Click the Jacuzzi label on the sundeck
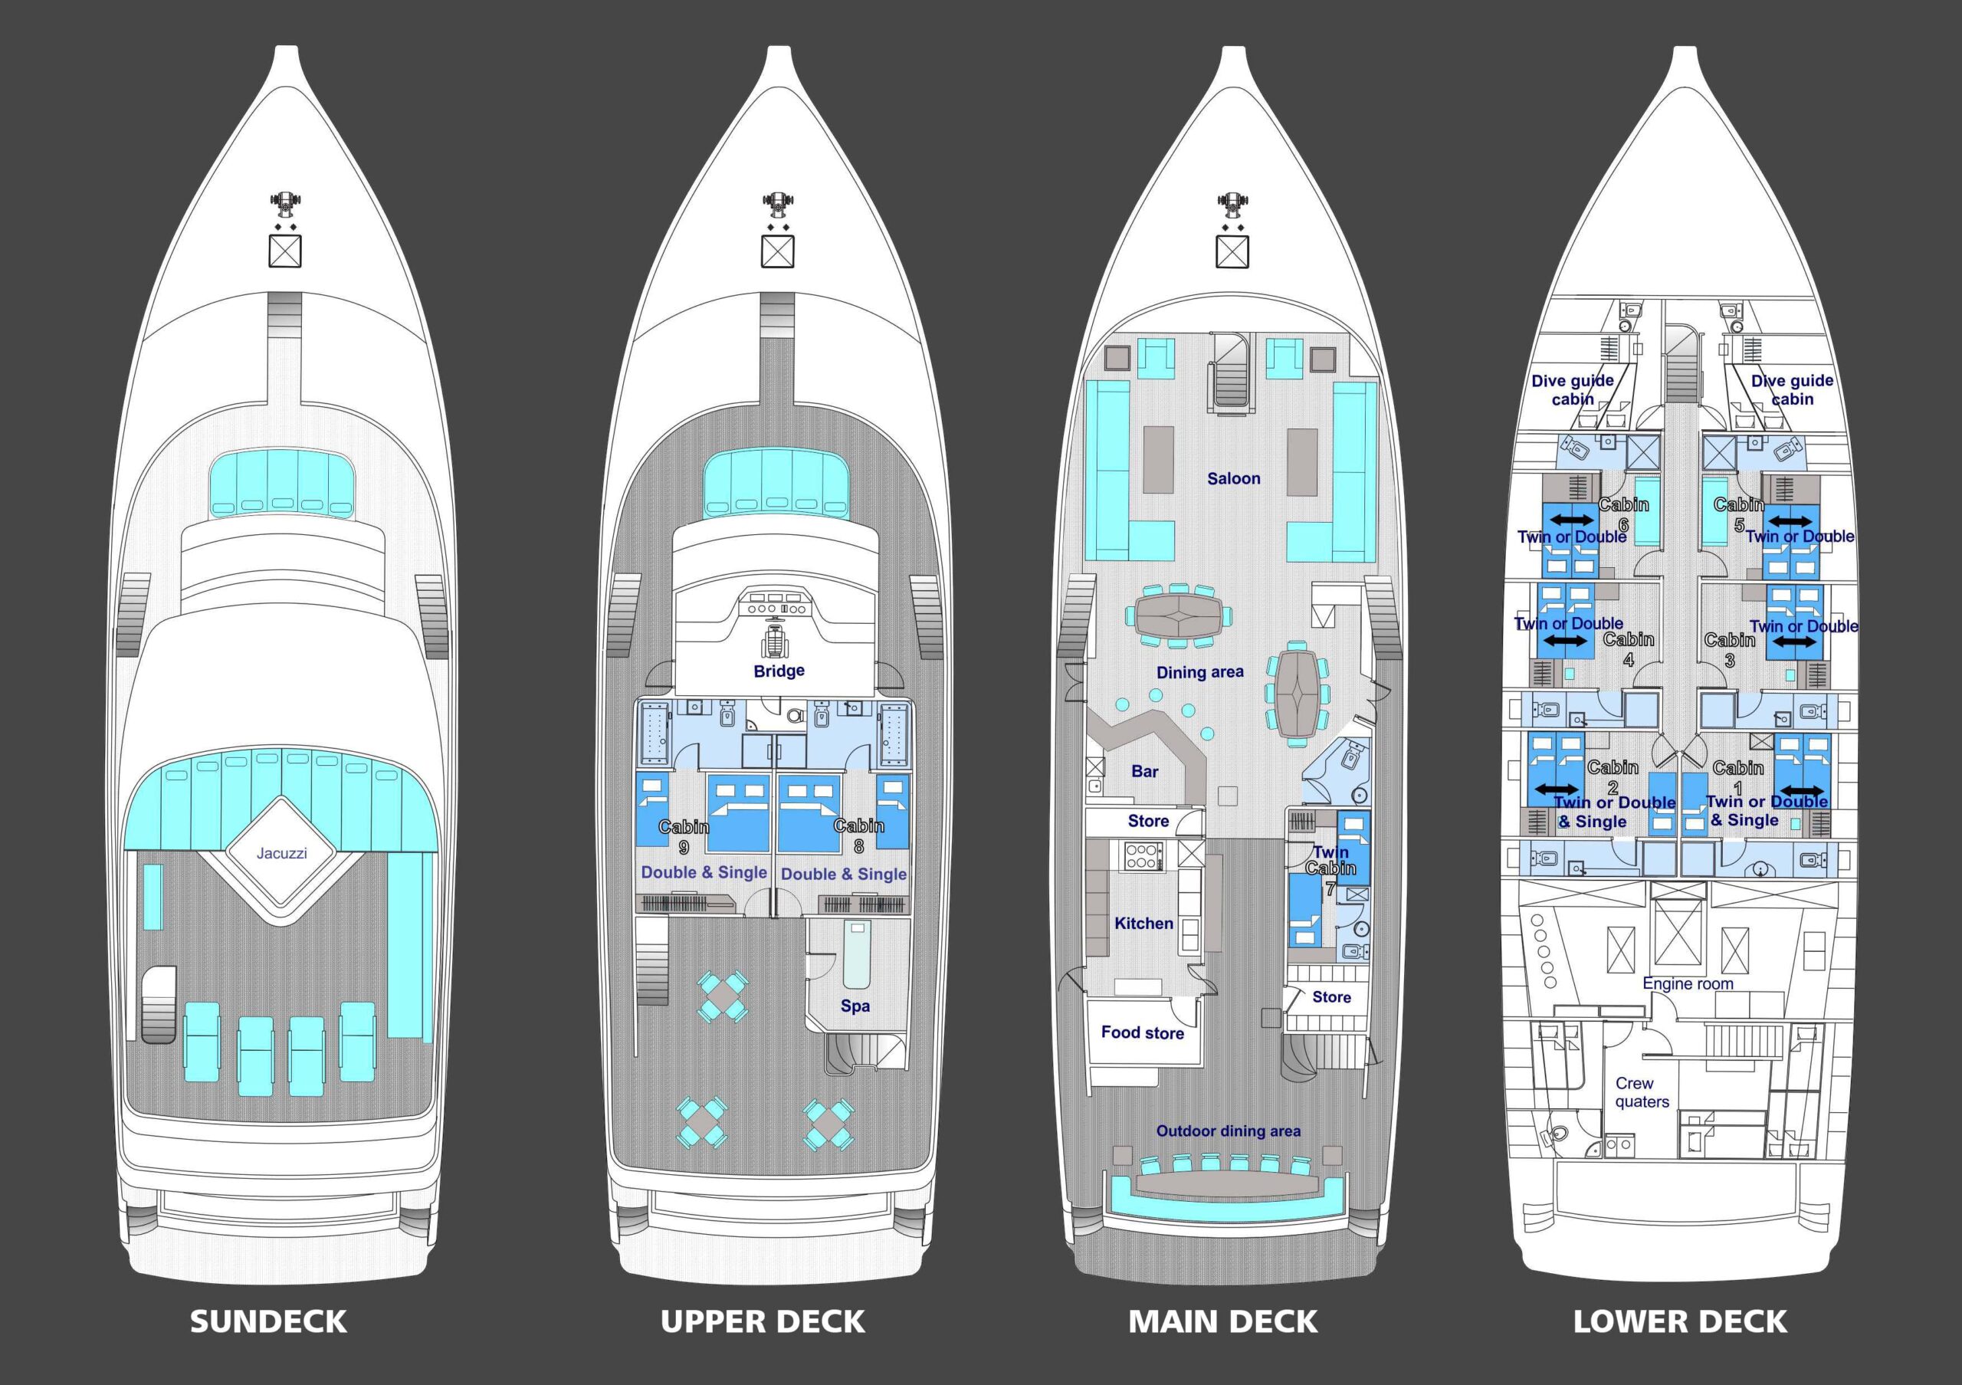click(281, 853)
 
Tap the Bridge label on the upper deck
click(779, 671)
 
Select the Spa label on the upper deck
click(855, 1006)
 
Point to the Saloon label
click(1233, 478)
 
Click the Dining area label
click(1199, 672)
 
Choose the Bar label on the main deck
click(1144, 772)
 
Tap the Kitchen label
click(1143, 923)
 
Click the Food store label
click(1143, 1032)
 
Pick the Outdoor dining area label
click(1228, 1131)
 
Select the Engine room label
click(1688, 983)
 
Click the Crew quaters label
click(1642, 1093)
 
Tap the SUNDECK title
click(268, 1322)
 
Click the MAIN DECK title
click(1223, 1322)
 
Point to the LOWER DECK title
click(1680, 1322)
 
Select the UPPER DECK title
click(763, 1322)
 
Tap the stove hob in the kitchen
click(1143, 856)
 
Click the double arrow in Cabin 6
click(1573, 520)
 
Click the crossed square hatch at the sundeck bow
click(285, 251)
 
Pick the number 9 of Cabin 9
click(684, 848)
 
